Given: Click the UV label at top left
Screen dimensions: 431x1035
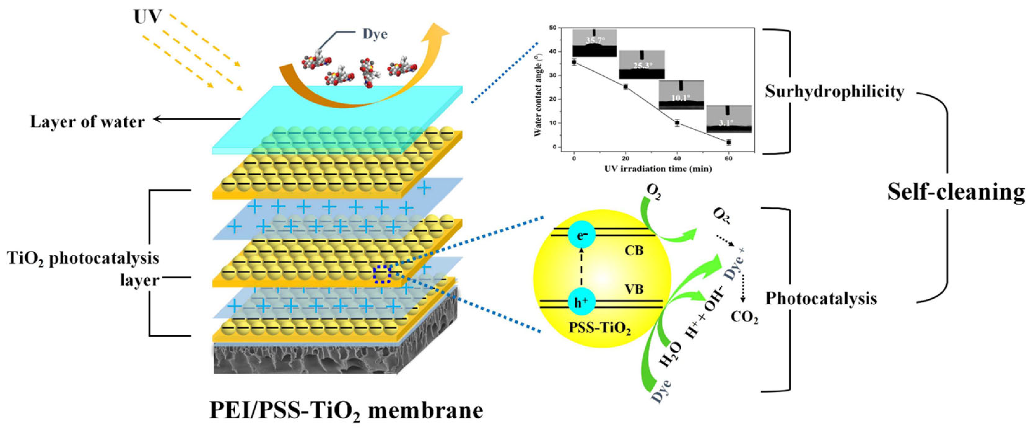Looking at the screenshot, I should (x=147, y=17).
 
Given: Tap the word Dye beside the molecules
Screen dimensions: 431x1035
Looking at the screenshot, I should (x=375, y=34).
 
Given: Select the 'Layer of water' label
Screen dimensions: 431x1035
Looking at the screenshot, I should (x=87, y=122).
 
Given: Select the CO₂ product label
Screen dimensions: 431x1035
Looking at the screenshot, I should (x=744, y=317).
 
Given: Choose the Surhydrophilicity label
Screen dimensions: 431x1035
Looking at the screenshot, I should (x=834, y=92).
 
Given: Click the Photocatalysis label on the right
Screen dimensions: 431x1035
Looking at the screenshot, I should (x=821, y=298).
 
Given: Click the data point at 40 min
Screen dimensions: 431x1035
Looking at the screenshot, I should (x=677, y=122).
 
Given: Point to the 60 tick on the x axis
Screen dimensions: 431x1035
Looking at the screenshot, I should (x=728, y=159).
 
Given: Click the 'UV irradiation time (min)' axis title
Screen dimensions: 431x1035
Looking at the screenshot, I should (x=658, y=169).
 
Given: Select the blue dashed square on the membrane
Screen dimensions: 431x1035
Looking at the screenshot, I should (x=381, y=275).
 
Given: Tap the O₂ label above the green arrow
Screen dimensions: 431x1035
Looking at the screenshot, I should (x=654, y=193).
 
